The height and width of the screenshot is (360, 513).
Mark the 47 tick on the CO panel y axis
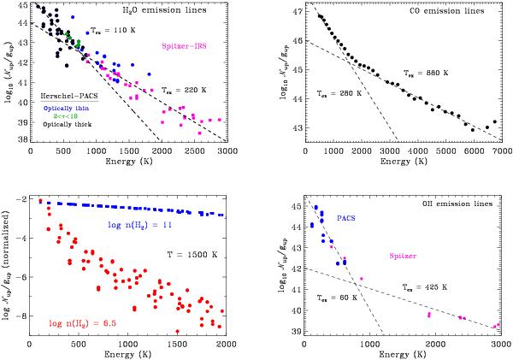296,15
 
